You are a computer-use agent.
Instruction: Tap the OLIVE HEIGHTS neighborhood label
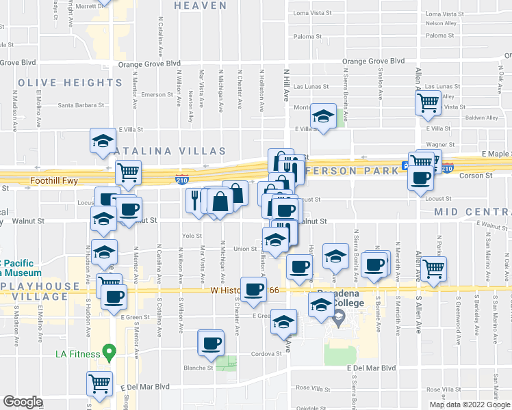coord(70,83)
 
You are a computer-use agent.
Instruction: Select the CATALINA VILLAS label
coord(169,150)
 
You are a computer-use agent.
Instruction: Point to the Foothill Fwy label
coord(57,182)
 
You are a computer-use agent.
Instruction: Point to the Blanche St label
coord(199,368)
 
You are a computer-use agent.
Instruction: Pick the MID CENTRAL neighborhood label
coord(472,213)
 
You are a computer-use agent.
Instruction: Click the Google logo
coord(23,402)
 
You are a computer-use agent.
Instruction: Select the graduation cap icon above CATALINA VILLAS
coord(103,141)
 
